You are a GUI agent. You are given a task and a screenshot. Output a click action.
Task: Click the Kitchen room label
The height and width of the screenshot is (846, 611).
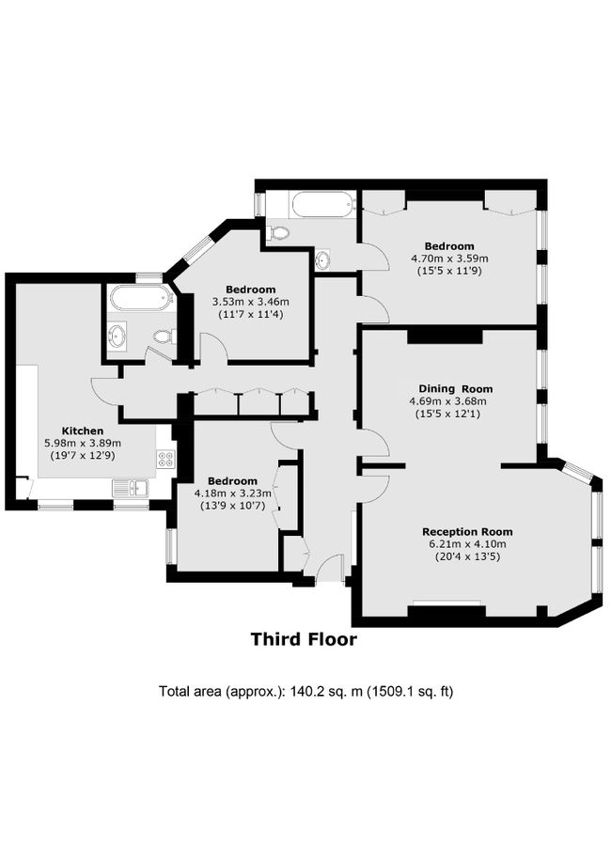(83, 431)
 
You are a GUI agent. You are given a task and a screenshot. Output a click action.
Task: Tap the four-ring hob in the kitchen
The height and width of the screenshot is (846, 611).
(164, 460)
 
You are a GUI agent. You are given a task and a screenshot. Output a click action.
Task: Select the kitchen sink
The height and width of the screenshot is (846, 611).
(130, 488)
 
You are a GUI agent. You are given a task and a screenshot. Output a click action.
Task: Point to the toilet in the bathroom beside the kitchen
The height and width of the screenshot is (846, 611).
(163, 336)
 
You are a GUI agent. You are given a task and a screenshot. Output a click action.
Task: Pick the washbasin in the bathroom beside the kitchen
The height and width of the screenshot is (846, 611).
(118, 334)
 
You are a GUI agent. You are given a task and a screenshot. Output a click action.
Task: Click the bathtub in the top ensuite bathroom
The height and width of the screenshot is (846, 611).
(321, 202)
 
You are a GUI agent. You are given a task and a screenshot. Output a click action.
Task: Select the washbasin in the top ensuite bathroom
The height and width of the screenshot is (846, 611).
(322, 259)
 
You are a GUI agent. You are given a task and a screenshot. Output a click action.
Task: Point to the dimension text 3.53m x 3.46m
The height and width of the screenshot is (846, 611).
(250, 302)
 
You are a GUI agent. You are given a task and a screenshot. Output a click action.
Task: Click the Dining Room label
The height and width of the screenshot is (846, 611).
(455, 388)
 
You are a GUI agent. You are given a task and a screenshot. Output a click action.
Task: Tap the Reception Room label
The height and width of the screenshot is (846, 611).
(467, 531)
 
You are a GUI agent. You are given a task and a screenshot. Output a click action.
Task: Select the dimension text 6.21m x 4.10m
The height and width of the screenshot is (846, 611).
(467, 543)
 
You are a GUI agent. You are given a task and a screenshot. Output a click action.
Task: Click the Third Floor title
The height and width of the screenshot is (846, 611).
(304, 640)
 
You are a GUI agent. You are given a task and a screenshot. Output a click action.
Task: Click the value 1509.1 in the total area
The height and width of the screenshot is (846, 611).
(388, 692)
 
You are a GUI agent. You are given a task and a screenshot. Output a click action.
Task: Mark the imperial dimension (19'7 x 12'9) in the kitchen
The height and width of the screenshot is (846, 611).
(83, 455)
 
